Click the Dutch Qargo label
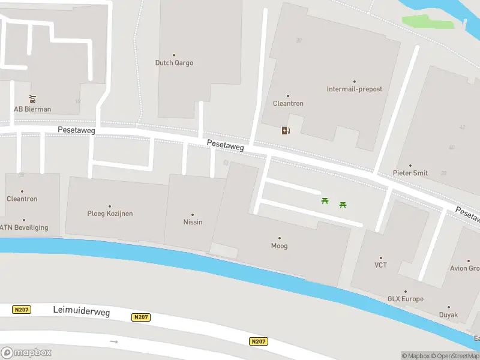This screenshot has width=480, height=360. coord(174,62)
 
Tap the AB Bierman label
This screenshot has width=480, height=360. coord(32,109)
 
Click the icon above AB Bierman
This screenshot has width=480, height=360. coord(32,99)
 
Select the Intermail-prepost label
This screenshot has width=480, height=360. coord(354,89)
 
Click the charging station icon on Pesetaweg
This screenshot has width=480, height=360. coord(286,130)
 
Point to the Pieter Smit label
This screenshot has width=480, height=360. coord(410,173)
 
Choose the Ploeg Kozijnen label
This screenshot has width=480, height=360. coord(110,214)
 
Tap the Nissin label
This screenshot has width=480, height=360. coord(193,222)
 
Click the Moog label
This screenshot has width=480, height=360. coord(279,245)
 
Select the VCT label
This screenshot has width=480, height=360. coord(380,265)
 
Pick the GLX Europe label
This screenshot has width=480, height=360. coord(405,299)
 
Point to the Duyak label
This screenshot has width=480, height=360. coord(448,314)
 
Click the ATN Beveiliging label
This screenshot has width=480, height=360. coord(24,227)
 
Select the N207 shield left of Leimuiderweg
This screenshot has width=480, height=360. coord(22,310)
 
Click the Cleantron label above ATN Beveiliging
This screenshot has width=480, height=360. coord(22,199)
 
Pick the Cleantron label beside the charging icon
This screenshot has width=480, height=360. coord(288,103)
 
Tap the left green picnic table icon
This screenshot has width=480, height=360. coord(325,201)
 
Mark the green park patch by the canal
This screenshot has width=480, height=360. coord(427,21)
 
